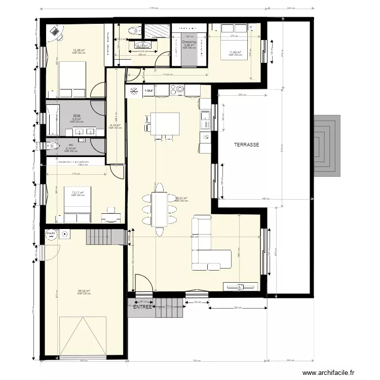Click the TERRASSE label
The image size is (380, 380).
(x=247, y=144)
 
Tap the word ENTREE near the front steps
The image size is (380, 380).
(x=142, y=307)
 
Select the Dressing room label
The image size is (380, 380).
(x=189, y=42)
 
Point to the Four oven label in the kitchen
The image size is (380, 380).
(x=148, y=90)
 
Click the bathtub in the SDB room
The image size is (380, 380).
(x=52, y=120)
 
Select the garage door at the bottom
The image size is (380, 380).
(x=82, y=336)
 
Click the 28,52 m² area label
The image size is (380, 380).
(x=84, y=291)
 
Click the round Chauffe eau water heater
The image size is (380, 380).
(x=51, y=235)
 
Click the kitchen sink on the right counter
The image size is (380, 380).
(x=205, y=121)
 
